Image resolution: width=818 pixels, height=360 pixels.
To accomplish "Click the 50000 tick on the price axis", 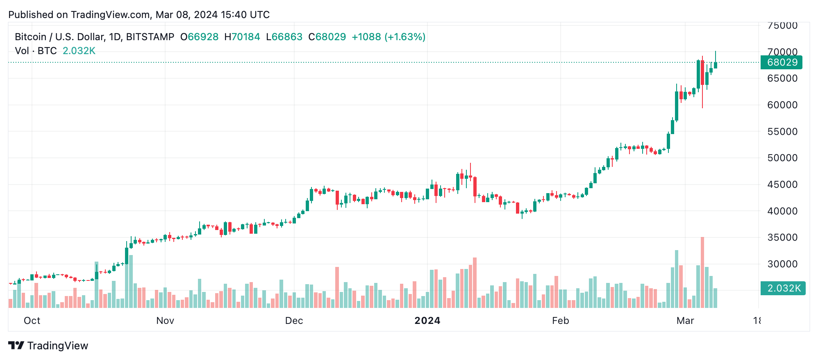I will (x=782, y=158).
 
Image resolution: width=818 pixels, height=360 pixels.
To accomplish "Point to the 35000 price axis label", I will (x=782, y=237).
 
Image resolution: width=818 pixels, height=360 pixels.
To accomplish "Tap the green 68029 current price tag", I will (x=782, y=62).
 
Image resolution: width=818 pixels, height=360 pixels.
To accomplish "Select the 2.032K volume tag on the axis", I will (x=783, y=288).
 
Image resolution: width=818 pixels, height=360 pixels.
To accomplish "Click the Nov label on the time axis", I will (x=165, y=321).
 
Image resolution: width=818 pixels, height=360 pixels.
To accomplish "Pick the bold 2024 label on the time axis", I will (x=427, y=321).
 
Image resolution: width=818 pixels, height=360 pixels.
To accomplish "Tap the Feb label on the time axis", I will (x=560, y=321).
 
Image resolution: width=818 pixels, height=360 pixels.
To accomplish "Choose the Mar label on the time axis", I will (x=685, y=321).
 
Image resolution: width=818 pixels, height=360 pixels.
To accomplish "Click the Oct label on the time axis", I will (x=32, y=321).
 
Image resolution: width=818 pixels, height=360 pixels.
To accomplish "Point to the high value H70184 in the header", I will (x=242, y=37).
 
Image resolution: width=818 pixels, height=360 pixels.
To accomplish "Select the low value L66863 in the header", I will (x=284, y=37).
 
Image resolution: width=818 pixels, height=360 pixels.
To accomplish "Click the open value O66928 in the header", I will (x=200, y=37).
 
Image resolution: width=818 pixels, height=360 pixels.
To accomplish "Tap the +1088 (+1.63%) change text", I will (x=389, y=37).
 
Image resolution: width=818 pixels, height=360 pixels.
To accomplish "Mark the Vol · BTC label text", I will (x=36, y=51).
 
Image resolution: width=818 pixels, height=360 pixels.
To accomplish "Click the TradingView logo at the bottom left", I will (x=48, y=346).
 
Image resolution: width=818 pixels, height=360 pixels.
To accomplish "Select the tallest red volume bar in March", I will (x=702, y=273).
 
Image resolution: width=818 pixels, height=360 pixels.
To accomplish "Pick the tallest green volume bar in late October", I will (x=131, y=281).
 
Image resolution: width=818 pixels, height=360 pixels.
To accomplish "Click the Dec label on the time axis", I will (x=294, y=321).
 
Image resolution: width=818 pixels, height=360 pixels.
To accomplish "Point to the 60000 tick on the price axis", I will (x=782, y=105).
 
